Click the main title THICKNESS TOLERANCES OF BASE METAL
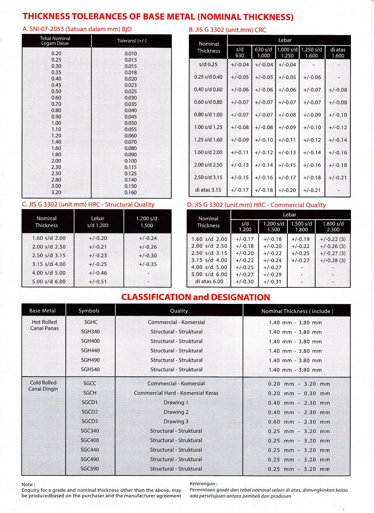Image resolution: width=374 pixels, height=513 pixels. coord(158,16)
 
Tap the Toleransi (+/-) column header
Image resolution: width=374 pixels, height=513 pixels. coord(132,41)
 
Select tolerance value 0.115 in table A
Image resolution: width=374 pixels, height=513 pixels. coord(130,167)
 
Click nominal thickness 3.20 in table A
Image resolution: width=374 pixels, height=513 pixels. coord(56,192)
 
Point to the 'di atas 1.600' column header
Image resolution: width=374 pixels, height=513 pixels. coord(338,52)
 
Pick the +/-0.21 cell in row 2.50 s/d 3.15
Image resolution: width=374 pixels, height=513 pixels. coord(338,178)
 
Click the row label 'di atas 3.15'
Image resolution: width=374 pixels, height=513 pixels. coord(208,190)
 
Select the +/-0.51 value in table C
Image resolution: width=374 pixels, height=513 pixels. coord(98,281)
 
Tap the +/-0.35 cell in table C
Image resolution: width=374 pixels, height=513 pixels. coord(148,264)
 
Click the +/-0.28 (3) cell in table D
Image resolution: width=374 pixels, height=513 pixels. coord(333,260)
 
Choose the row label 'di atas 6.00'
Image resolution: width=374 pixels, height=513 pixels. coord(209,281)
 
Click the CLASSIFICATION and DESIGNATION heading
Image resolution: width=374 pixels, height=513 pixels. coord(196,297)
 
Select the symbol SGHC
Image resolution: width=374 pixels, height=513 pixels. coord(91,322)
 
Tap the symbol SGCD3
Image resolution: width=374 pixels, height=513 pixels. coord(90,421)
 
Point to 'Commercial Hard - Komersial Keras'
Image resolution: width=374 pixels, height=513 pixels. coord(176,393)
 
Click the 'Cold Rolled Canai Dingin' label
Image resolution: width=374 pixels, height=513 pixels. coord(43,386)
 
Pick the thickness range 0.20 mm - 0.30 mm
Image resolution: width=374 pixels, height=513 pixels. coord(299,393)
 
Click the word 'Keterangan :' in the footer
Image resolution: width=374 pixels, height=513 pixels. coord(203,484)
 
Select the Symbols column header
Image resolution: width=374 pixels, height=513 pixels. coord(89,311)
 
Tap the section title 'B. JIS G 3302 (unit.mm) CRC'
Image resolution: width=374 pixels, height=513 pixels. coord(227,30)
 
